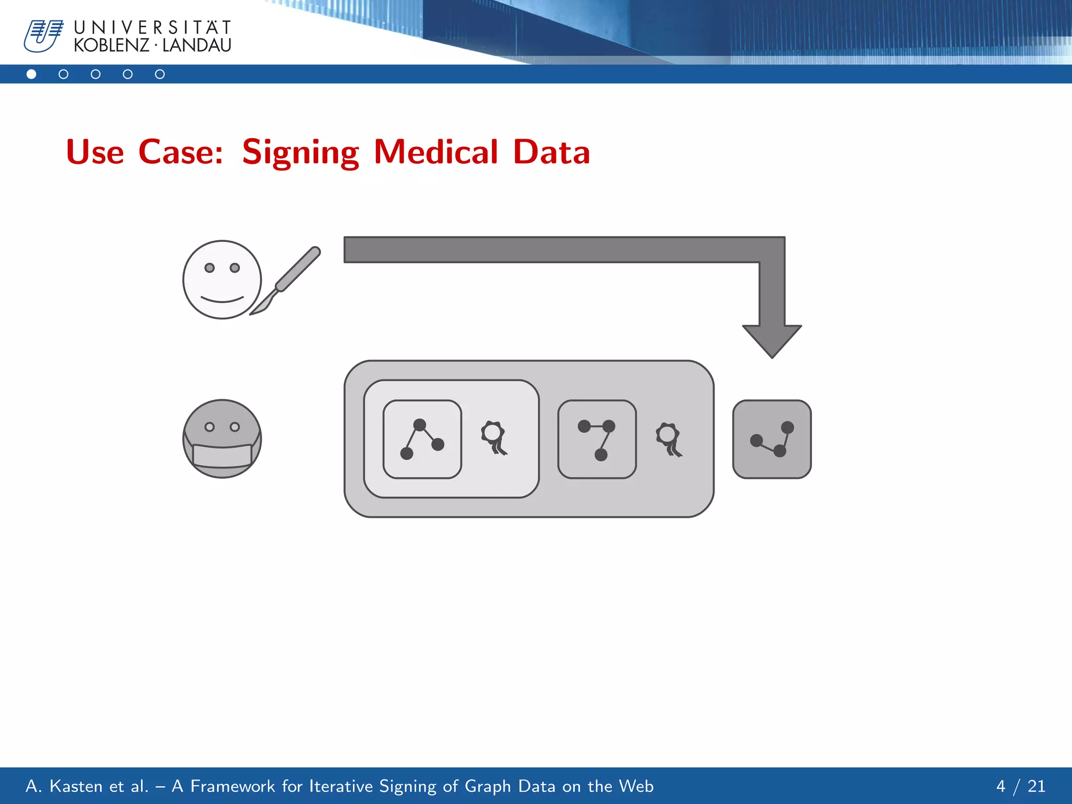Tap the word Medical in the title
click(435, 152)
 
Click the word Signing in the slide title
click(300, 152)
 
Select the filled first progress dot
click(31, 74)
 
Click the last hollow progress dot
click(160, 74)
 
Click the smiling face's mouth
click(222, 300)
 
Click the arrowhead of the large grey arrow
click(772, 340)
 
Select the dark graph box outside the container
click(772, 439)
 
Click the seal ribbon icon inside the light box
click(494, 438)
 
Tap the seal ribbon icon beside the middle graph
click(668, 439)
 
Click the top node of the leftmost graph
click(419, 425)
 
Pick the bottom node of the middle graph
click(601, 454)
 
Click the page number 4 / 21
click(1020, 786)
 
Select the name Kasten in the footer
click(76, 786)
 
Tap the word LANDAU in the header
click(196, 46)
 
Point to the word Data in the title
click(551, 152)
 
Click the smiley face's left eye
click(209, 268)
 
